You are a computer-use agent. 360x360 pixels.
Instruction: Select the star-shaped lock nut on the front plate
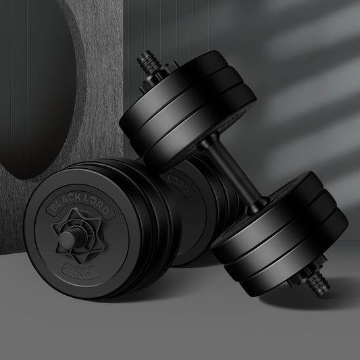(x=78, y=235)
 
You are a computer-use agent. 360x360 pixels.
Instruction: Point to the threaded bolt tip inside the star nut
(x=68, y=239)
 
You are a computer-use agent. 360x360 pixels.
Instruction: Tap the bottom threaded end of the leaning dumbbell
(x=318, y=284)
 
